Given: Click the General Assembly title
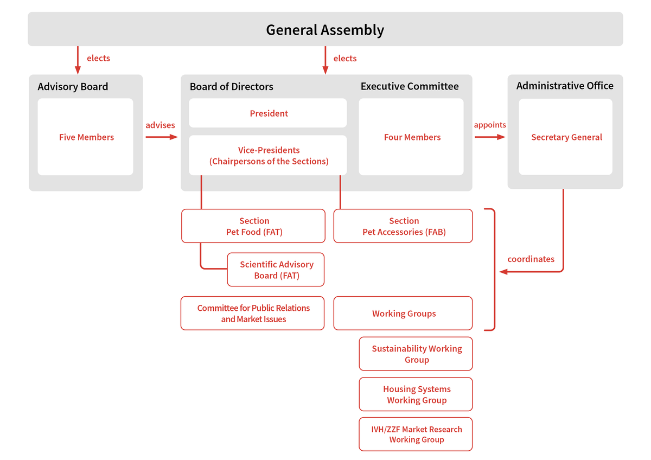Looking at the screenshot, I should [x=325, y=30].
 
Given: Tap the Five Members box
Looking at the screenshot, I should [x=86, y=137].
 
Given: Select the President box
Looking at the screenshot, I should [x=268, y=113].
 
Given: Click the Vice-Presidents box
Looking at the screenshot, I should [x=268, y=156].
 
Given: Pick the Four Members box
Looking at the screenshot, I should [x=411, y=137].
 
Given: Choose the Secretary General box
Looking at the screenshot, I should [x=566, y=137].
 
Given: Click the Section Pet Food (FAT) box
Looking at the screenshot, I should [x=253, y=226].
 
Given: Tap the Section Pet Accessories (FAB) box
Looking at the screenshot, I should [x=403, y=226].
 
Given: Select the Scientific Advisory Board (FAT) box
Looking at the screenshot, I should [x=276, y=270].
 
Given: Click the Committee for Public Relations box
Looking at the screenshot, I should [x=253, y=313].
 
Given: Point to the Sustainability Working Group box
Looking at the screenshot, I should [x=416, y=354].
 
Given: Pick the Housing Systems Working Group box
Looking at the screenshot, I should [x=416, y=394].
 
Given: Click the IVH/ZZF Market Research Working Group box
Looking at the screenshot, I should [x=416, y=434].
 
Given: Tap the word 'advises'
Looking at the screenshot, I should [x=160, y=125].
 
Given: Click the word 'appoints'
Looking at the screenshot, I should [x=490, y=125].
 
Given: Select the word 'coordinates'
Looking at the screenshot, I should [x=531, y=259].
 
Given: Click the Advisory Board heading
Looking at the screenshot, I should [x=73, y=87].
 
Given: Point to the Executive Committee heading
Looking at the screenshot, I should [x=410, y=86].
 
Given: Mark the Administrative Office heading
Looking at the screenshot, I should [x=565, y=86].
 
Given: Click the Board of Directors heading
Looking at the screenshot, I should [x=232, y=87].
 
